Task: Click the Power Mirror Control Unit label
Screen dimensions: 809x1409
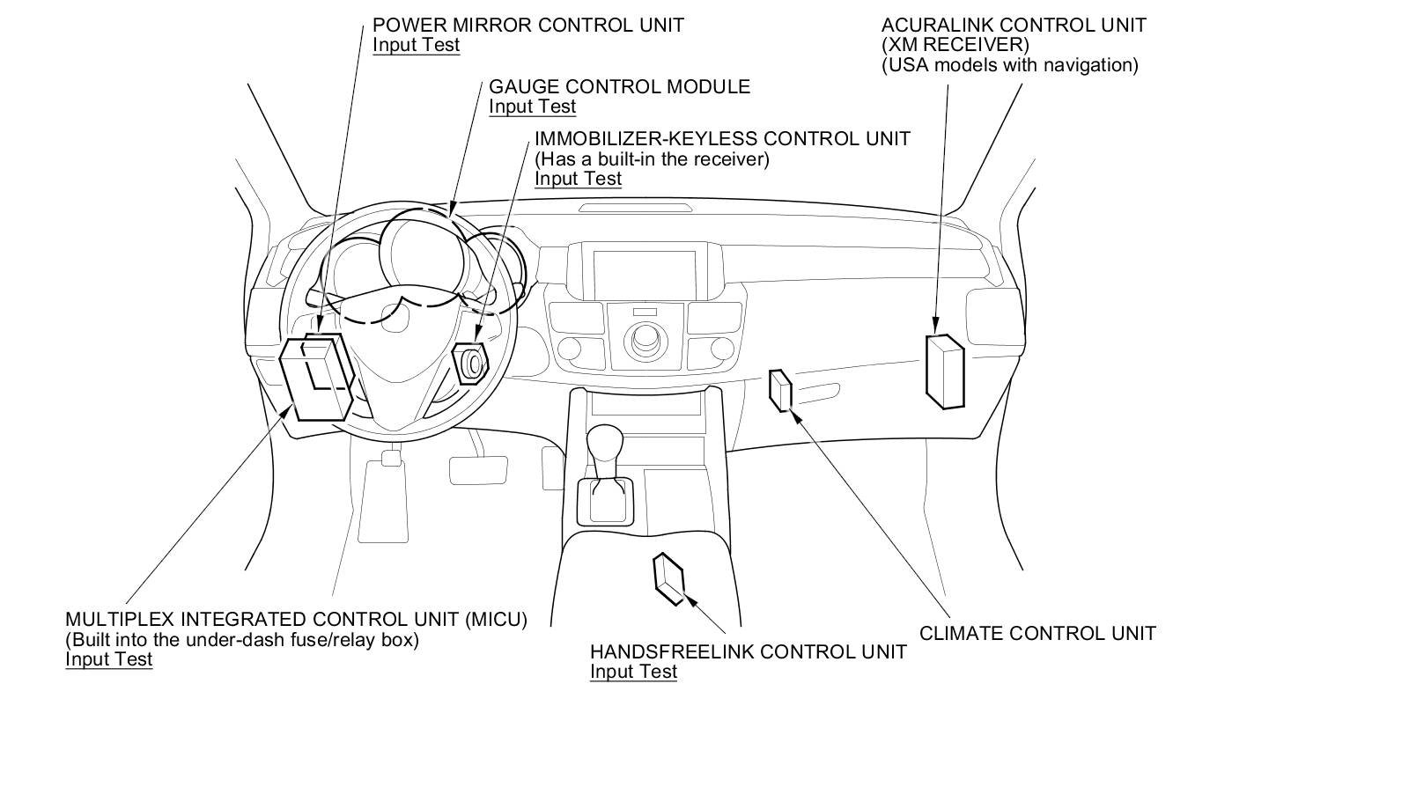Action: pos(527,25)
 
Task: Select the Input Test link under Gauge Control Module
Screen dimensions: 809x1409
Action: pos(532,107)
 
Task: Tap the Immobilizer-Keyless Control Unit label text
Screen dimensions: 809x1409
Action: pos(722,139)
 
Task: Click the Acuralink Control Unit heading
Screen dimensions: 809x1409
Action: pos(1014,25)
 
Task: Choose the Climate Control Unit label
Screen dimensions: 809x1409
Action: pos(1037,633)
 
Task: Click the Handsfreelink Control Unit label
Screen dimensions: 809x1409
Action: pos(748,652)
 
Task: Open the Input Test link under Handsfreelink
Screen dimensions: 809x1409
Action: pos(633,672)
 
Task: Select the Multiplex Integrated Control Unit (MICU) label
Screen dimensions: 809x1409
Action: pos(296,620)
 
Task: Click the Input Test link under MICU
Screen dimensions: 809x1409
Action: pos(108,659)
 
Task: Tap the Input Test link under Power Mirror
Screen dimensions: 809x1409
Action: pos(416,45)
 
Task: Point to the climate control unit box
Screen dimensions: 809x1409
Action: pos(780,391)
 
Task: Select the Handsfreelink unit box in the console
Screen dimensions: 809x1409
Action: pos(668,578)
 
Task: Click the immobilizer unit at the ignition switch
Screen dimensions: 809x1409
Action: pos(469,363)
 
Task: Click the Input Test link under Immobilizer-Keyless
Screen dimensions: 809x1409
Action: pos(578,179)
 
